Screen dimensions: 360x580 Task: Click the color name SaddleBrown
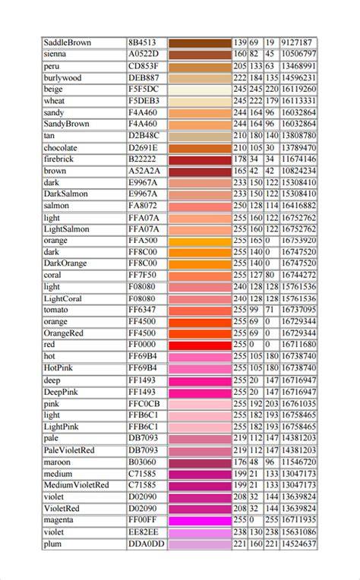[68, 43]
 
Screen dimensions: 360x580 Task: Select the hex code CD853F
[144, 66]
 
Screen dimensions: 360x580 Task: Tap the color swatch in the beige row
[200, 90]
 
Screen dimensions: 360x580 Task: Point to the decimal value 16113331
[298, 101]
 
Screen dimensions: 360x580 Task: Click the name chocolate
[60, 148]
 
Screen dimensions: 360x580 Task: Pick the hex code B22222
[143, 159]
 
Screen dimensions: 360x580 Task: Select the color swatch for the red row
[200, 345]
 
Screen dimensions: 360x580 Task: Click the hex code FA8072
[143, 206]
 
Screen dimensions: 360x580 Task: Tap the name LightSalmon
[67, 229]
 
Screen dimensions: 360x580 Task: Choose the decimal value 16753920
[298, 241]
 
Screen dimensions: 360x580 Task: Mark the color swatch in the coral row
[200, 276]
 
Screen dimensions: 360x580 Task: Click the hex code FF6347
[143, 310]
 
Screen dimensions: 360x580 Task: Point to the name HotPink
[58, 368]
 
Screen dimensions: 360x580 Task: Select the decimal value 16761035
[298, 404]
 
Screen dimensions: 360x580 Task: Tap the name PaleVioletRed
[69, 450]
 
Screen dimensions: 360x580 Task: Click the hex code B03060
[143, 462]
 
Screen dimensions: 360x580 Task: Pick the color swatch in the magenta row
[200, 521]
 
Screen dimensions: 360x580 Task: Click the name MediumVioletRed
[76, 485]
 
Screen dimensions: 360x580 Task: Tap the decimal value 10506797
[298, 54]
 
